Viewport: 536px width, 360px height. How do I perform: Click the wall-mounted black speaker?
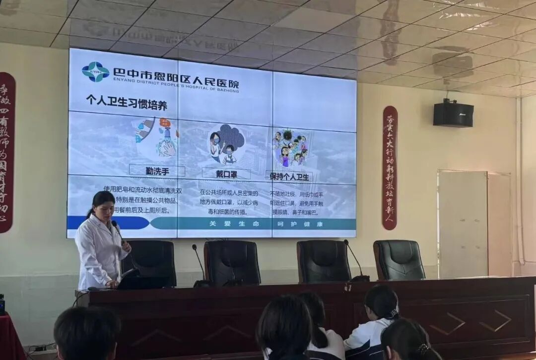[x=453, y=114]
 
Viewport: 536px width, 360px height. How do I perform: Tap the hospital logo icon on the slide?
[x=95, y=72]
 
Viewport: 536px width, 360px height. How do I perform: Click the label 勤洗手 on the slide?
[x=157, y=171]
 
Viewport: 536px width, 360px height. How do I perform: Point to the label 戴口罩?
[x=226, y=174]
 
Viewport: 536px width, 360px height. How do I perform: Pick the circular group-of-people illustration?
[x=291, y=147]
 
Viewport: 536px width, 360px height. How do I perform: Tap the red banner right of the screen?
[x=390, y=168]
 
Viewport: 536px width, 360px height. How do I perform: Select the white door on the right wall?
[x=463, y=224]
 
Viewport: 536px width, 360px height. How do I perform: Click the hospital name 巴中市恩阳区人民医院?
[x=176, y=73]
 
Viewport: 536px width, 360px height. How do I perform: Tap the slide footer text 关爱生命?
[x=234, y=224]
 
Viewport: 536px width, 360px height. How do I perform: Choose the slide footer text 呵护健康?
[x=300, y=224]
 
